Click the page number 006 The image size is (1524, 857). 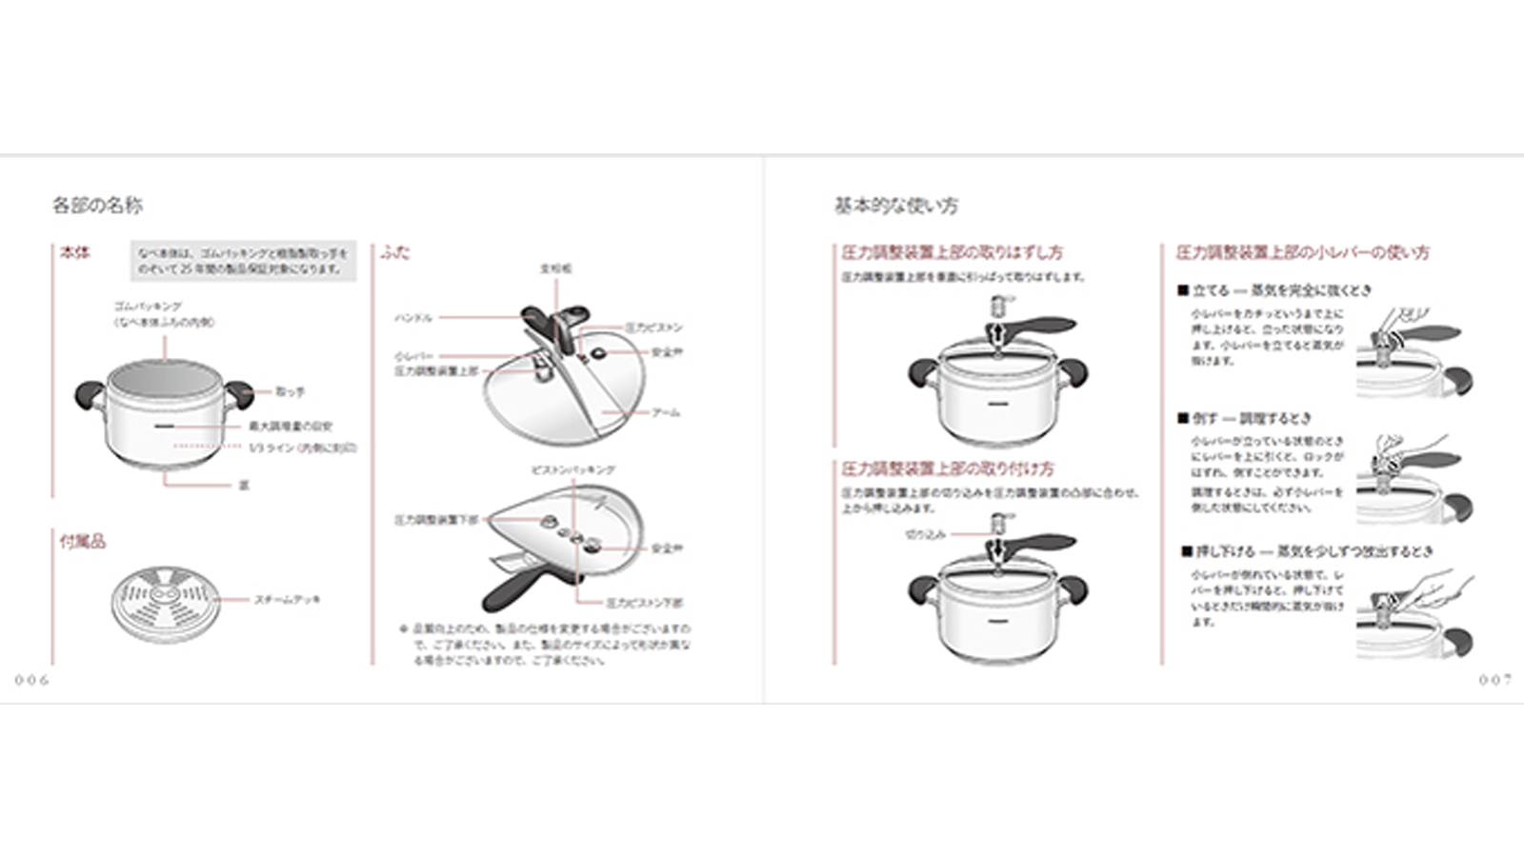[31, 680]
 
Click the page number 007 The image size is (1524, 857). [1494, 680]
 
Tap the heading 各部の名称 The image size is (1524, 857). [97, 205]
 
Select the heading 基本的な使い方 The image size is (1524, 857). [896, 205]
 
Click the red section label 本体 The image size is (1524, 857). [75, 252]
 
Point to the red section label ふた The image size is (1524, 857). [395, 252]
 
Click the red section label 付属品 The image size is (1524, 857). [83, 541]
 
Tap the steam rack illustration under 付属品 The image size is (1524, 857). [166, 604]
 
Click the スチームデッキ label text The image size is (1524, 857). [287, 600]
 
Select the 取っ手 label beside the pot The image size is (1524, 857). [291, 391]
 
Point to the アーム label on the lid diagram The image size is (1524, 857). [666, 412]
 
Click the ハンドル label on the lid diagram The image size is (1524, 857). [413, 318]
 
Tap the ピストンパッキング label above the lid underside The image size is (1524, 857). [572, 470]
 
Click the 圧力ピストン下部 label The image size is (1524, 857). [645, 603]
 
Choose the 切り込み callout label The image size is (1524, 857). [925, 535]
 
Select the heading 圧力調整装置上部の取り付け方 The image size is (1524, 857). [948, 469]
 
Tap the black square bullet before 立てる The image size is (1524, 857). [1183, 290]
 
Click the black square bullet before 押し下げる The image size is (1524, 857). [1187, 551]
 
